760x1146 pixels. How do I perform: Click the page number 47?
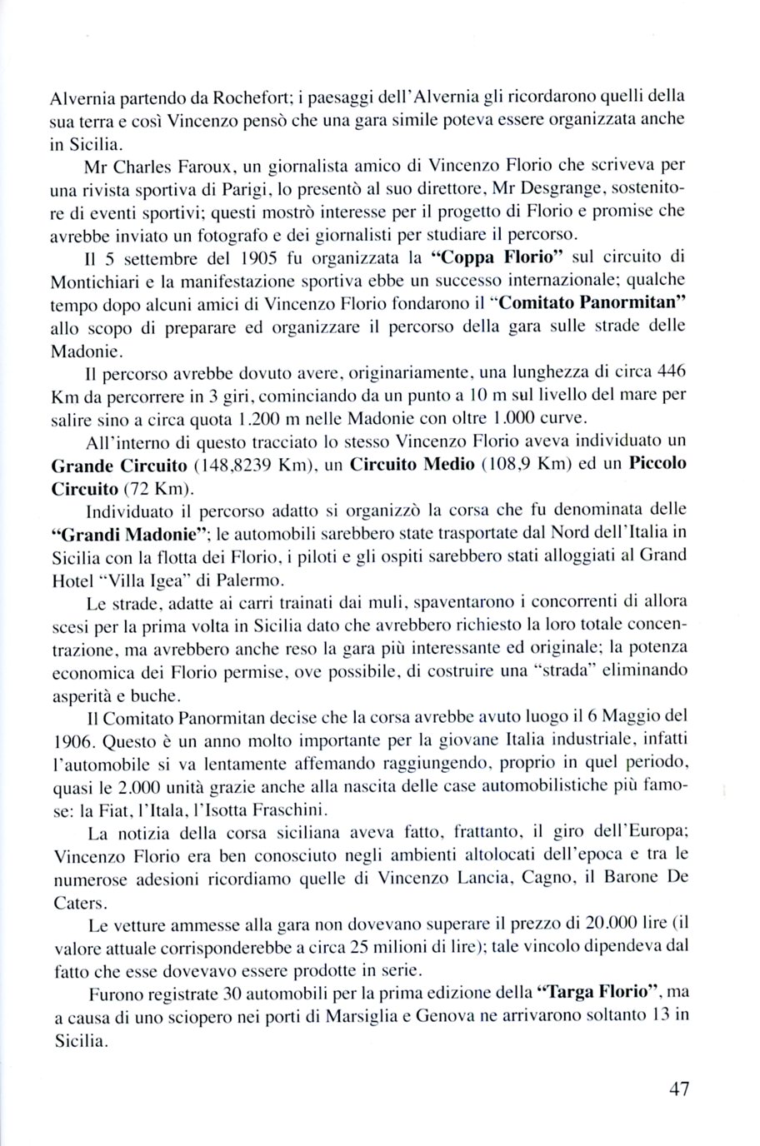point(678,1089)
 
